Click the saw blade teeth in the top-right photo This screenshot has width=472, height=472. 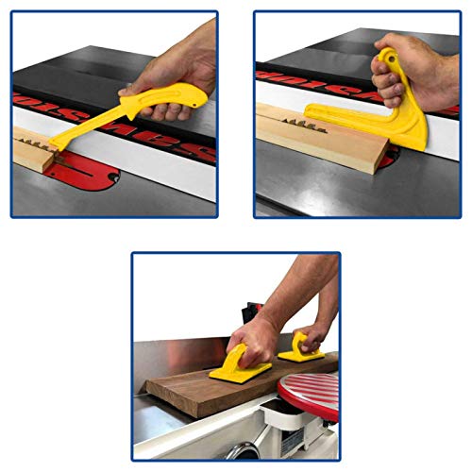(321, 110)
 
